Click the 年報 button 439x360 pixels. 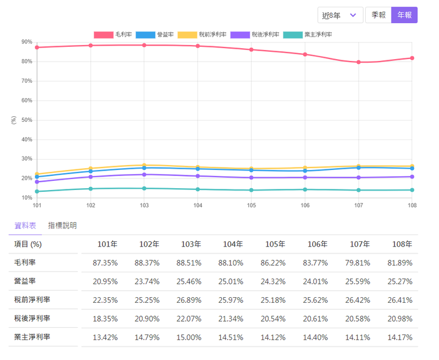click(x=404, y=15)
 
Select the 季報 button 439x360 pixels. click(x=378, y=15)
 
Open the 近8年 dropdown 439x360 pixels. click(x=340, y=15)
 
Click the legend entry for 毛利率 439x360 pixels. click(x=113, y=35)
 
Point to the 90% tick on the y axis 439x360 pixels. click(x=26, y=42)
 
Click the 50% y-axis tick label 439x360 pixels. click(x=26, y=120)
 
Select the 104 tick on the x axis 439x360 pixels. click(x=198, y=206)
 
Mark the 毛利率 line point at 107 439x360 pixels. click(x=359, y=62)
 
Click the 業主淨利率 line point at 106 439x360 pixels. click(x=305, y=189)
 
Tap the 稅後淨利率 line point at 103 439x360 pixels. click(x=144, y=175)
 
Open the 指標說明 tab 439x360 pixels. click(x=62, y=225)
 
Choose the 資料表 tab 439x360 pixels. click(x=25, y=225)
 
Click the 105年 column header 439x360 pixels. click(x=274, y=244)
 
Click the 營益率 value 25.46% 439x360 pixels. click(x=191, y=281)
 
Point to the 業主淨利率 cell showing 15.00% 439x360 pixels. click(x=191, y=337)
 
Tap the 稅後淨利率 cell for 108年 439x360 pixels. click(x=400, y=319)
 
